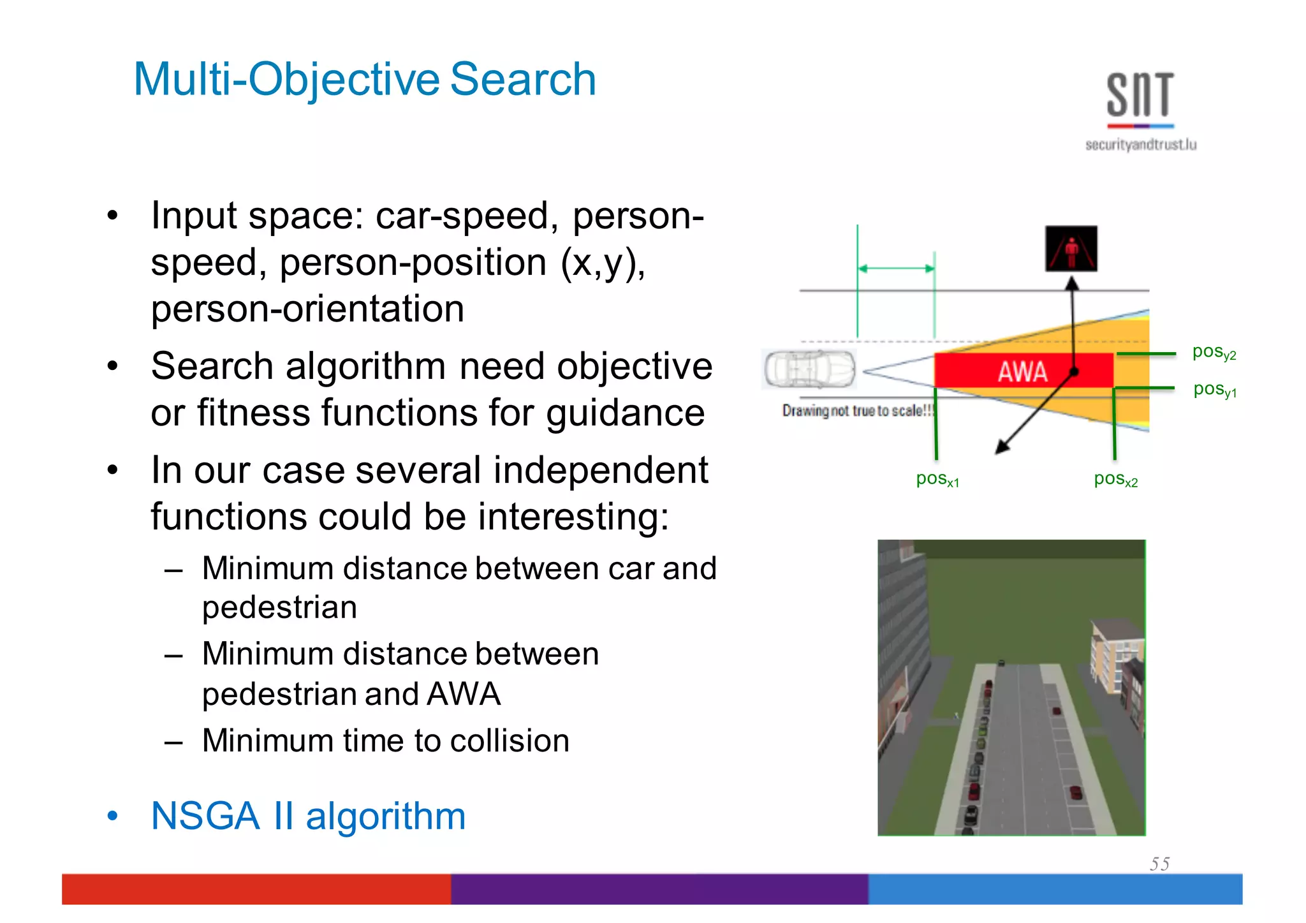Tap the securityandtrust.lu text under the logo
pos(1140,145)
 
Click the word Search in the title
pos(523,80)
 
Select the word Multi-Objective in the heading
pos(286,80)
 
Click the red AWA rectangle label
pos(1022,371)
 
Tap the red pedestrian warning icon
pos(1071,248)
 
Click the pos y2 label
pos(1214,352)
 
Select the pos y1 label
pos(1214,389)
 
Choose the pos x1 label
pos(937,479)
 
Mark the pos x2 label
pos(1115,479)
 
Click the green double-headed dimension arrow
pos(896,269)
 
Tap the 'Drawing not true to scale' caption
pos(858,411)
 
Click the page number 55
pos(1159,864)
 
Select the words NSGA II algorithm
pos(308,816)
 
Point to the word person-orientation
pos(307,309)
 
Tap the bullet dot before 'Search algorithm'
pos(113,367)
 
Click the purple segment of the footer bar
pos(659,889)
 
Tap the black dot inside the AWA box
pos(1074,371)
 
